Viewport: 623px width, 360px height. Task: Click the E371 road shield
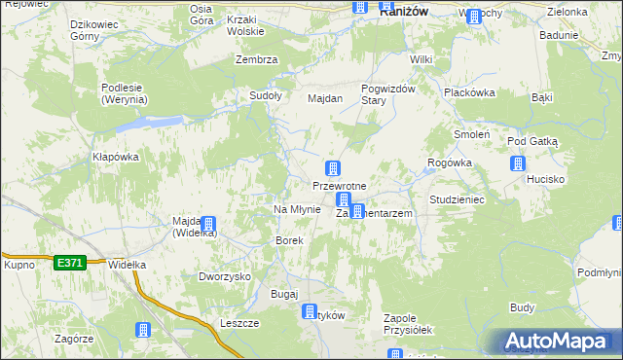70,262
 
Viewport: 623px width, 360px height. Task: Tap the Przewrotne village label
339,186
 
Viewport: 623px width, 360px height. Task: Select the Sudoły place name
266,95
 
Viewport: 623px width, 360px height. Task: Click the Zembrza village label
257,59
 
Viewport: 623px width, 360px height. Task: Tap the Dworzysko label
225,276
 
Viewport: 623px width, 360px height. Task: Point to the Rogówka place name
450,163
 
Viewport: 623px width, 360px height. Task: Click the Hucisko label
546,179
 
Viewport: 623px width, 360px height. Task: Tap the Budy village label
523,307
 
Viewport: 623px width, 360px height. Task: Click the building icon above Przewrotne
333,168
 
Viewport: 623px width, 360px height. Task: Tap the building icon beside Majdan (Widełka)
207,226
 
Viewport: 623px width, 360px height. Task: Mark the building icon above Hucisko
517,162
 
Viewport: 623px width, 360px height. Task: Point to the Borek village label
290,239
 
